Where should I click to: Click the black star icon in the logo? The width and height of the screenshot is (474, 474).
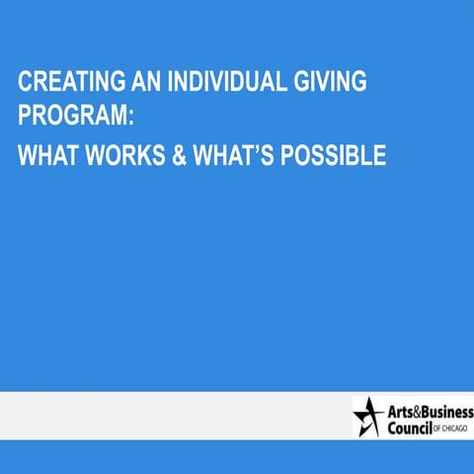(368, 416)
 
